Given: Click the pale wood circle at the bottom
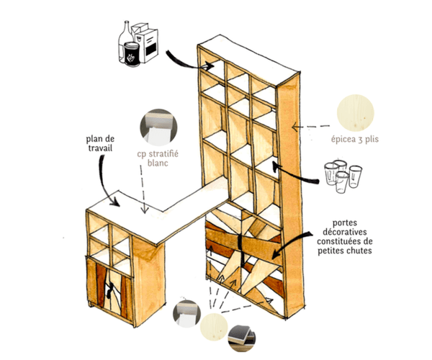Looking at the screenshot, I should pos(214,327).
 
